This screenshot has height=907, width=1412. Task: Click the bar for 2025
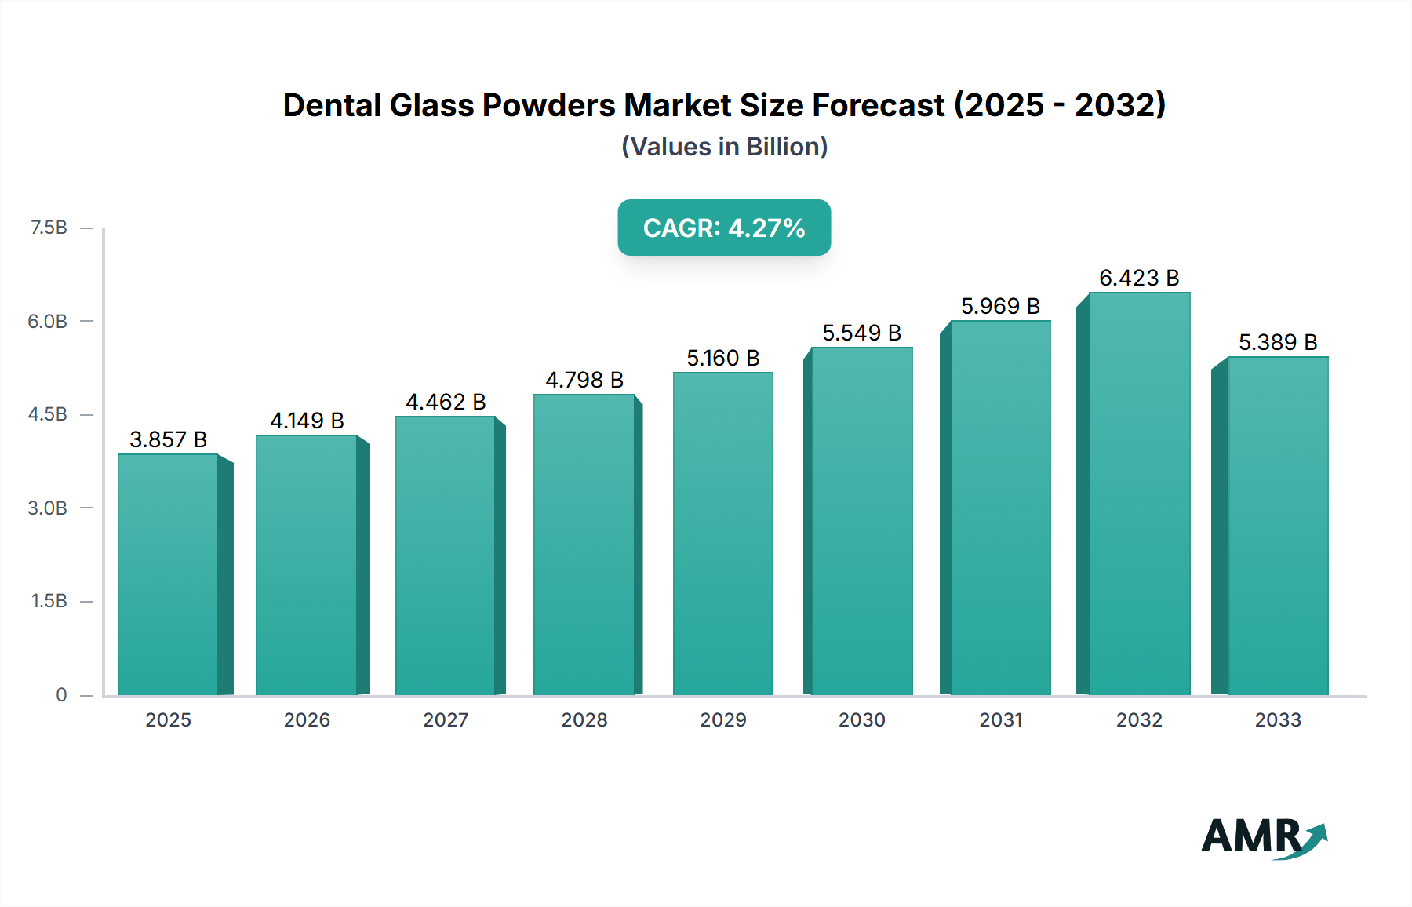[x=168, y=574]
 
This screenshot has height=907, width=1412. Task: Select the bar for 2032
[x=1139, y=494]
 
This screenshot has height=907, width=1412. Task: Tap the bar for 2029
[x=723, y=534]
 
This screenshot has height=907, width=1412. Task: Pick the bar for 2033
[x=1277, y=526]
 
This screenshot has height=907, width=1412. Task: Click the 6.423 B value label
[x=1139, y=278]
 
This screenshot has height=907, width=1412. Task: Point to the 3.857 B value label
[x=168, y=439]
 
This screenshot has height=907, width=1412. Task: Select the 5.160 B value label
[x=723, y=358]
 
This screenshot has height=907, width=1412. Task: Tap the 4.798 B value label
[x=584, y=380]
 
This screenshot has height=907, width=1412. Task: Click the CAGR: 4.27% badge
[x=724, y=228]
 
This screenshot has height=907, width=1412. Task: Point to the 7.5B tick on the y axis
[x=49, y=228]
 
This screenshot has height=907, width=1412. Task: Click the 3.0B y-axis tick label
[x=48, y=508]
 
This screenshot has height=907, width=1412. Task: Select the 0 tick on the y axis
[x=61, y=694]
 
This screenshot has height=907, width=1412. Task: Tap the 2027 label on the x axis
[x=446, y=719]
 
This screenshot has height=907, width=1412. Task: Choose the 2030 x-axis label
[x=861, y=719]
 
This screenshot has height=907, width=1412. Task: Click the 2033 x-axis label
[x=1277, y=719]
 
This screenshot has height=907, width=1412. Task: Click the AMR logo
[x=1263, y=836]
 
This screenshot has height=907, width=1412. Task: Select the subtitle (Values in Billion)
[x=724, y=147]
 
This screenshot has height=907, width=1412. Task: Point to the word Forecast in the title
[x=879, y=105]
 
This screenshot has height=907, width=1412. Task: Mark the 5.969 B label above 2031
[x=1000, y=306]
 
